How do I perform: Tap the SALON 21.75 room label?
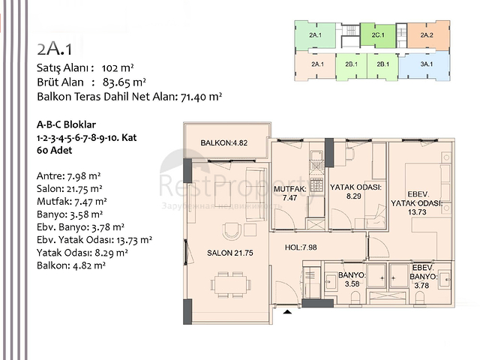click(229, 253)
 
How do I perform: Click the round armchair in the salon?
click(229, 230)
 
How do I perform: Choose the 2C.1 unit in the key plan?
click(377, 35)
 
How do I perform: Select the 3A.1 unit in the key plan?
click(426, 64)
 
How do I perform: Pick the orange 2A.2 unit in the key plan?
click(426, 35)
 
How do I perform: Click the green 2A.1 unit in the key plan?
click(316, 35)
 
